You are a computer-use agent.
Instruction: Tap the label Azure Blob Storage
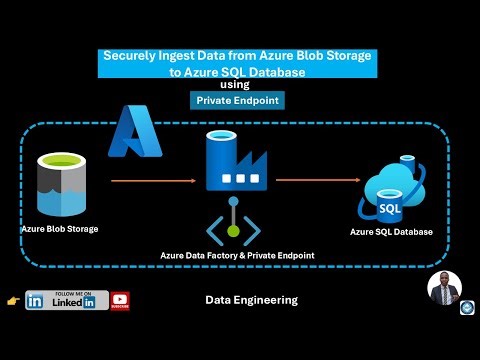(59, 228)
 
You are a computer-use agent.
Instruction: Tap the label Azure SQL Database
(391, 232)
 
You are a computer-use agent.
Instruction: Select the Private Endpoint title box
(239, 100)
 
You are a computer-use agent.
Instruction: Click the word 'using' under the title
(239, 85)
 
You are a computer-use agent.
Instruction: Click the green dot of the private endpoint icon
(234, 231)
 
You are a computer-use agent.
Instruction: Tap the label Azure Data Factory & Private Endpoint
(237, 256)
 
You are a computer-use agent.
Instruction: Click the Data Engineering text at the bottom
(251, 300)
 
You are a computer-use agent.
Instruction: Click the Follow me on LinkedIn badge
(68, 300)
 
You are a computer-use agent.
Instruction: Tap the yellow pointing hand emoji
(12, 300)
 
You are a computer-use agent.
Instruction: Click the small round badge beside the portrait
(465, 308)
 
